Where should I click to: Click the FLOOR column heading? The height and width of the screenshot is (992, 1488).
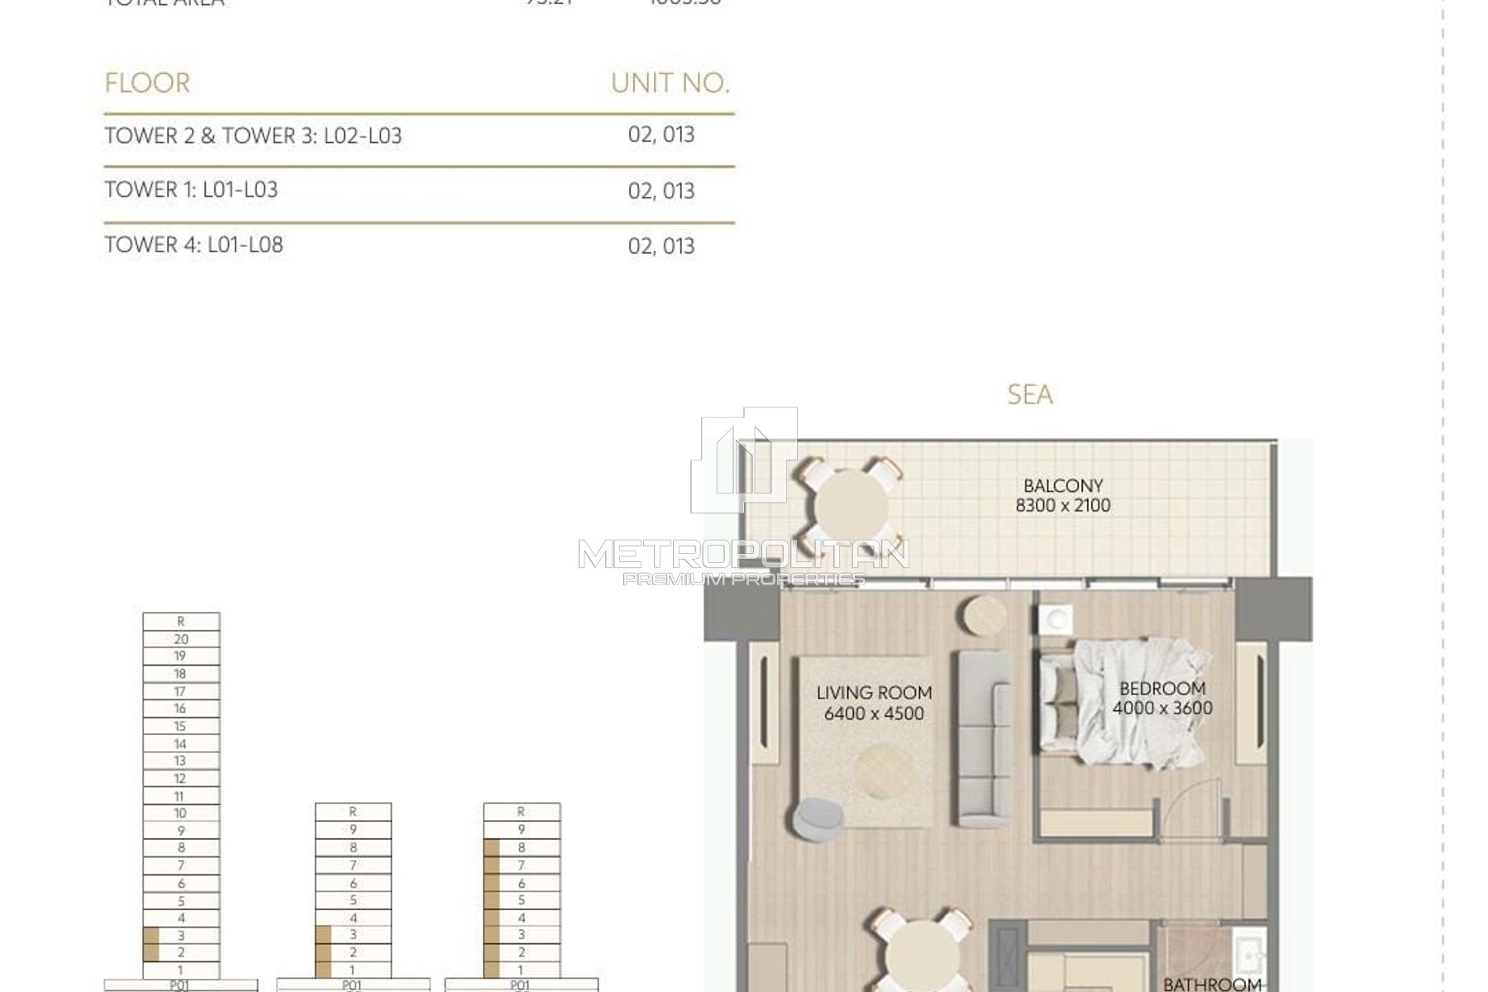point(147,83)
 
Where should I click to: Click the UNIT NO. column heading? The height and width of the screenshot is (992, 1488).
point(670,83)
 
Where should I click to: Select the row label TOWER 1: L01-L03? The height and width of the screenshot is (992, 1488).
point(191,190)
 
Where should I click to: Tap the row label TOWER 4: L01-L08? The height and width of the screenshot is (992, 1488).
point(193,246)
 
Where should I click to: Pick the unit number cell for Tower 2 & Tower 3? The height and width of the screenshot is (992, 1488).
point(661,135)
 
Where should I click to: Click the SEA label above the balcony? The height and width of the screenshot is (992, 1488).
point(1030,395)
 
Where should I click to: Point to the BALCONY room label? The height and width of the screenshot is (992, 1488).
point(1063,486)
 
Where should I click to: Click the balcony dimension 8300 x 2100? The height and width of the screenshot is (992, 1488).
point(1063,506)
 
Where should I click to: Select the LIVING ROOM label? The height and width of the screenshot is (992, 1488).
point(874,693)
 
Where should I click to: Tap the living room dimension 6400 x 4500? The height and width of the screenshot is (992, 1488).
point(874,713)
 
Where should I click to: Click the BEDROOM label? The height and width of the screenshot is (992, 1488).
point(1161,688)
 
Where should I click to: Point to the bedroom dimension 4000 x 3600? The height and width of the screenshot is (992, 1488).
point(1161,708)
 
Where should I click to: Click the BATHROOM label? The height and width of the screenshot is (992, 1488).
point(1212,984)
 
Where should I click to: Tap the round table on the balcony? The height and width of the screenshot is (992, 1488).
point(851,506)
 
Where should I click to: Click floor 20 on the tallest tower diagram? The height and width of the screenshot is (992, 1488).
point(181,639)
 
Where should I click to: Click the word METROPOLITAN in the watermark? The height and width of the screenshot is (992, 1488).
point(743,554)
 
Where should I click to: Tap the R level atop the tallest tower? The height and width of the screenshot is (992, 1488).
point(181,622)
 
